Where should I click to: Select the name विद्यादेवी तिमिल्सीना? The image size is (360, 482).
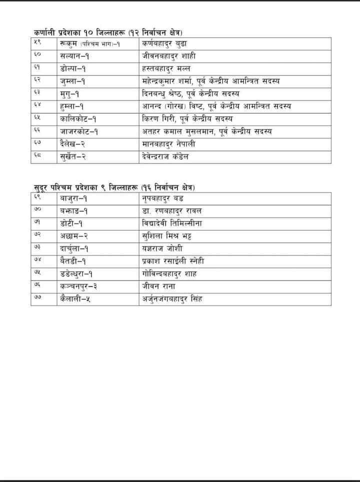pyautogui.click(x=172, y=222)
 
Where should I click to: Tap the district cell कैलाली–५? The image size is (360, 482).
pyautogui.click(x=75, y=299)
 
